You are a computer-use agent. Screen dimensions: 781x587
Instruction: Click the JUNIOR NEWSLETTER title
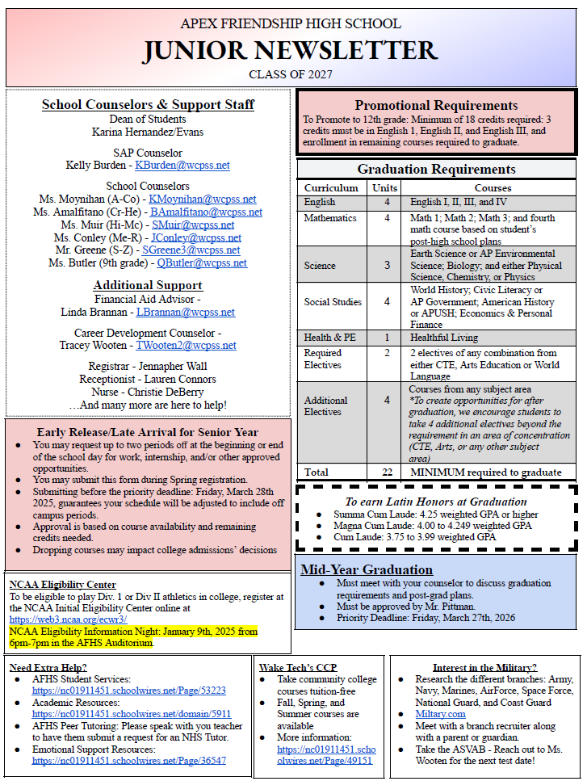tap(291, 50)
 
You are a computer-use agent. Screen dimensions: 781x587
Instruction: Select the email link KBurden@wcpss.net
tap(182, 166)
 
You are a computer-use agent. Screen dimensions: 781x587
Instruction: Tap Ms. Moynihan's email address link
tap(203, 199)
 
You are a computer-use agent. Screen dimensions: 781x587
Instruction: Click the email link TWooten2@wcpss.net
tap(186, 346)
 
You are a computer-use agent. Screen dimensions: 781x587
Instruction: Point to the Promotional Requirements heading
tap(436, 105)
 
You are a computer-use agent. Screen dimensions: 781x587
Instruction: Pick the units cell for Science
tap(387, 265)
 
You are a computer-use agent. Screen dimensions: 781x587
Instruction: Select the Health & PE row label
tap(329, 338)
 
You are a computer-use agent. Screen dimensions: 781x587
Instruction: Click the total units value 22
tap(387, 472)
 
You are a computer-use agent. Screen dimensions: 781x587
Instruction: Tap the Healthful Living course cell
tap(444, 338)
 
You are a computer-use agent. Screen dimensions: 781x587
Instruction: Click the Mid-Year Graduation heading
tap(367, 569)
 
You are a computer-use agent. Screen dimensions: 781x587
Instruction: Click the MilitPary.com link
tap(440, 715)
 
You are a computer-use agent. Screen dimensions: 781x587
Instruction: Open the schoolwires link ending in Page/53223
tap(129, 691)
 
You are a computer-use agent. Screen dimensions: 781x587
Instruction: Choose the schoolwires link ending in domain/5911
tap(132, 714)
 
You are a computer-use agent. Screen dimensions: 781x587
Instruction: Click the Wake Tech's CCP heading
tap(298, 667)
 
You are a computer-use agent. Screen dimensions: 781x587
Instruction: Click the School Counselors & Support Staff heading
tap(148, 105)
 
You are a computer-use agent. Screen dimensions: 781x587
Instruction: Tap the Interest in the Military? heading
tap(484, 667)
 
